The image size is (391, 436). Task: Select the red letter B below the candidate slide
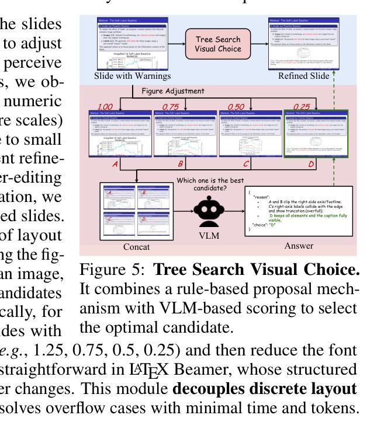(181, 164)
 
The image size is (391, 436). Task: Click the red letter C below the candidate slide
(246, 164)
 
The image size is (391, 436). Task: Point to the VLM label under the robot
(210, 236)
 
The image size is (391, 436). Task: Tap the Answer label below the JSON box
(298, 246)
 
